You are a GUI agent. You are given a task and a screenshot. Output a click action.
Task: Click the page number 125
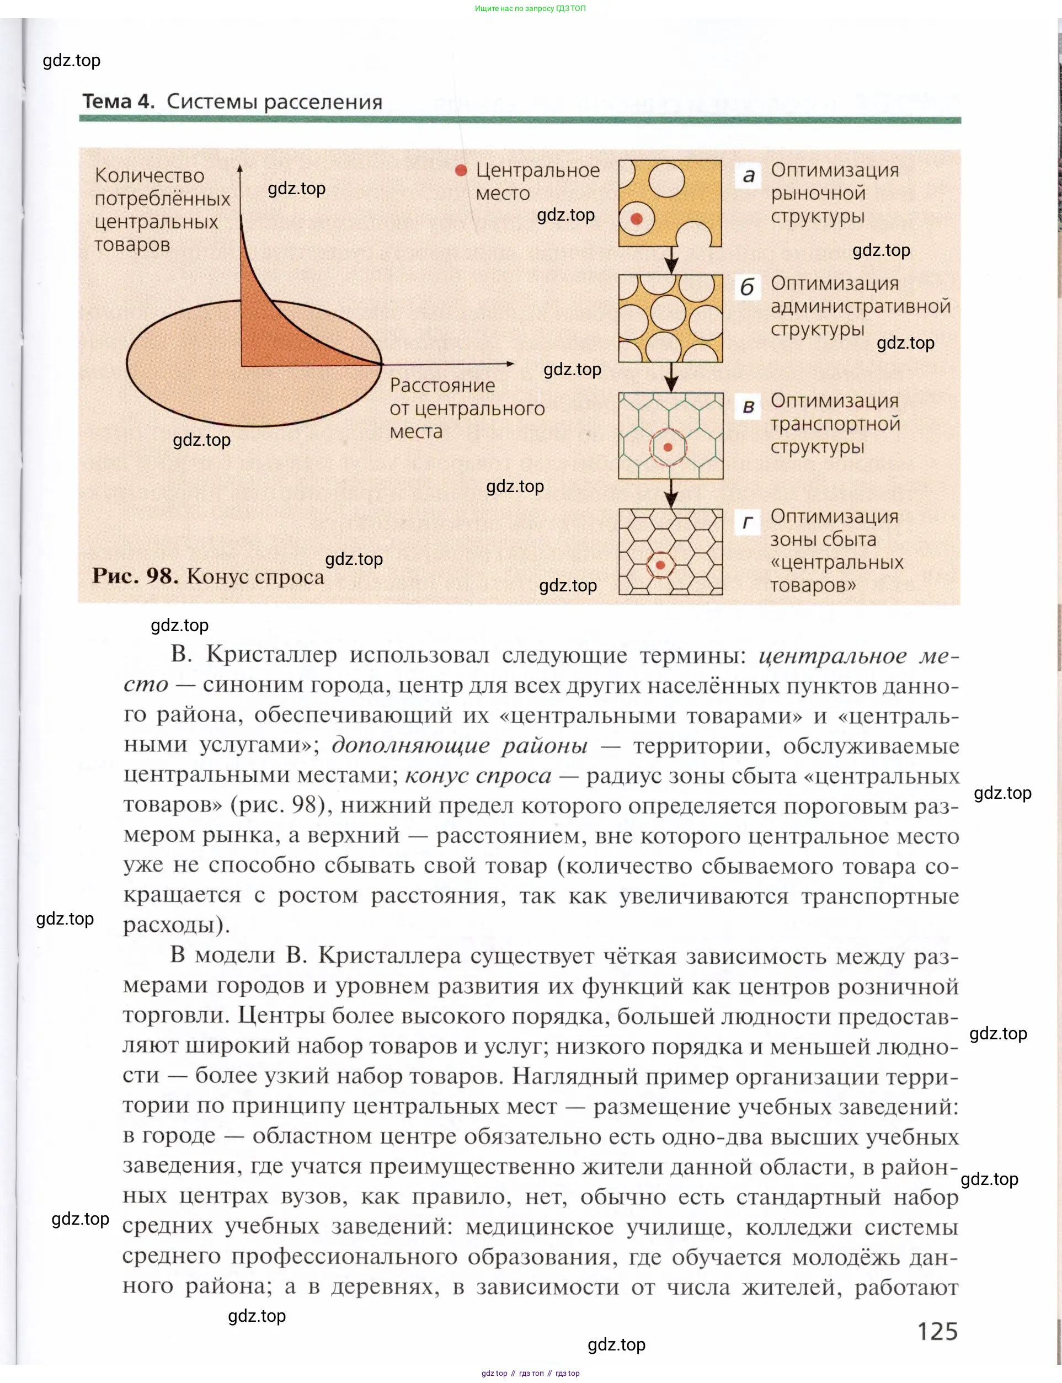(937, 1331)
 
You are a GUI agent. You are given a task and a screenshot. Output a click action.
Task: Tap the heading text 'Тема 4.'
(118, 101)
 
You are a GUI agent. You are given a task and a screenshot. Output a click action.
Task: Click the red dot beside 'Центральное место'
(461, 170)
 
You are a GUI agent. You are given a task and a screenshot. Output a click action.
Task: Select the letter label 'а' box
(749, 176)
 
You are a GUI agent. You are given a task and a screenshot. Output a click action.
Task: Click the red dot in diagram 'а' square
(637, 218)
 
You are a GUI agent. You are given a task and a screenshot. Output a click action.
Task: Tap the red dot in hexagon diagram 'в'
(668, 447)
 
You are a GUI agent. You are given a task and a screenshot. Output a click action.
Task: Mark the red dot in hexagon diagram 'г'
(660, 564)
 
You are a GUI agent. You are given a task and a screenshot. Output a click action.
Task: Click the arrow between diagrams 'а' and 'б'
(671, 260)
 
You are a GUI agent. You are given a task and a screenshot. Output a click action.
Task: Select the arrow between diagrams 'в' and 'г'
(671, 494)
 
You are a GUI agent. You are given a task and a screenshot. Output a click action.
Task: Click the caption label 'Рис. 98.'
(135, 576)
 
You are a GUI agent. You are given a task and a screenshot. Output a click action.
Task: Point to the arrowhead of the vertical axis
(240, 168)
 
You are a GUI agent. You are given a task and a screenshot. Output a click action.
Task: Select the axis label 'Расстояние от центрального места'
(467, 408)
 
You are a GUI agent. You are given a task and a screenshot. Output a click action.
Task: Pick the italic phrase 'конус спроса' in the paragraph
(478, 775)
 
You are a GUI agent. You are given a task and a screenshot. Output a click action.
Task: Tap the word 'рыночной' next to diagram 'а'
(818, 194)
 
